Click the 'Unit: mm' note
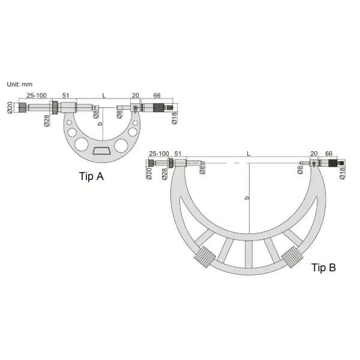(x=20, y=84)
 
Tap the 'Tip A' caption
(x=91, y=176)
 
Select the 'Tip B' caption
(x=323, y=268)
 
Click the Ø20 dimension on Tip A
(x=10, y=107)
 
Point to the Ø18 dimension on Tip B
(x=342, y=173)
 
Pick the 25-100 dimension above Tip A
(x=37, y=95)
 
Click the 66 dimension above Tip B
(x=329, y=154)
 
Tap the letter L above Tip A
(x=104, y=95)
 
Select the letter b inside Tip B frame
(x=247, y=197)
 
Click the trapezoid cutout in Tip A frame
(x=101, y=151)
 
